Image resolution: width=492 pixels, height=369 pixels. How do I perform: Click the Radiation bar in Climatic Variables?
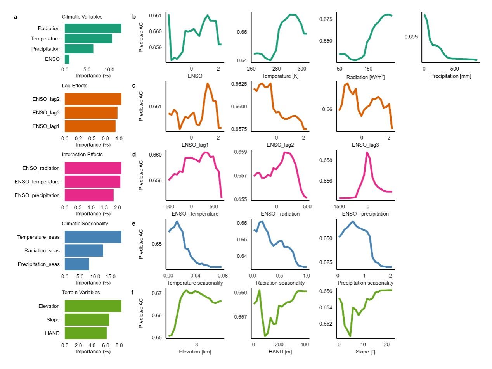pos(93,28)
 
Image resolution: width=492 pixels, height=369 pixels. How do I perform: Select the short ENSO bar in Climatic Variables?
pos(67,59)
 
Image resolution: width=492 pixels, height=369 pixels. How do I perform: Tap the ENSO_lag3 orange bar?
pos(91,113)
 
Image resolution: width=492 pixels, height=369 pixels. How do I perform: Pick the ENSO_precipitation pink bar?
pos(89,195)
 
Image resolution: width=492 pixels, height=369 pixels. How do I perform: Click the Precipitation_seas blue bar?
pos(77,264)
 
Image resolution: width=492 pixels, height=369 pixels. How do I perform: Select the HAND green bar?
pos(85,333)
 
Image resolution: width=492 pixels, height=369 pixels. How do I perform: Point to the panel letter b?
pos(134,17)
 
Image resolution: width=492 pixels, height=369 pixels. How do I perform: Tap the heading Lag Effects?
pos(74,86)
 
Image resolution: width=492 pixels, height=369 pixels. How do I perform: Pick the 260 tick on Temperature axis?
pos(251,69)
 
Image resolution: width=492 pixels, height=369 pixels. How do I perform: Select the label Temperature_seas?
pos(38,237)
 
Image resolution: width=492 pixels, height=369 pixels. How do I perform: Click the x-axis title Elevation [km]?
pos(195,351)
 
